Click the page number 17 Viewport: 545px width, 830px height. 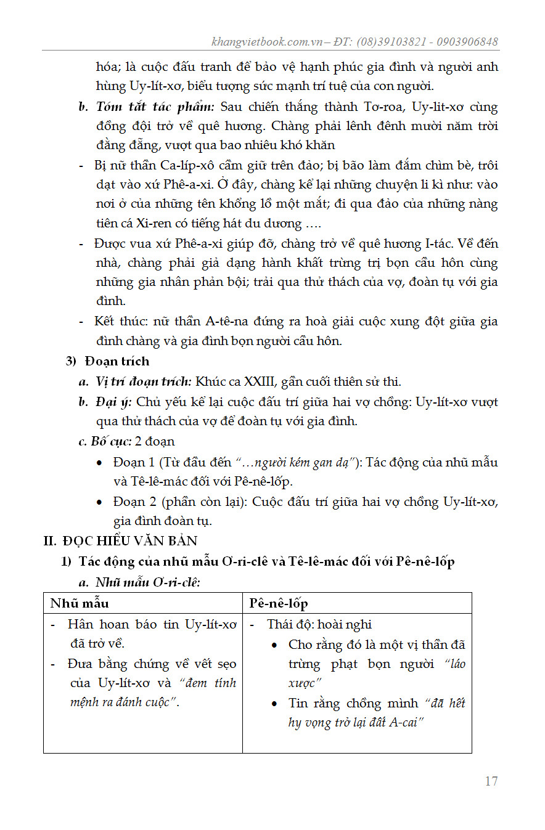(x=491, y=781)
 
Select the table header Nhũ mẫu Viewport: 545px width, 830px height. (x=80, y=603)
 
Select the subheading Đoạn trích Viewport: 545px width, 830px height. (x=117, y=361)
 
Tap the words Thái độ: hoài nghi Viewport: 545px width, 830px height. (x=319, y=624)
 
